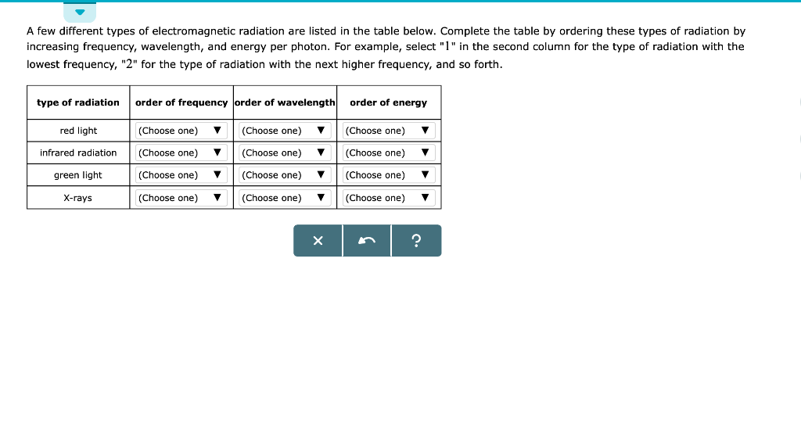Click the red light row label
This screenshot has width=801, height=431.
78,131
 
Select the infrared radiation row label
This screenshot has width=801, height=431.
78,153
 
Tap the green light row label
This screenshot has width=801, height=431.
78,175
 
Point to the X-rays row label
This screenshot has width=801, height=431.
78,198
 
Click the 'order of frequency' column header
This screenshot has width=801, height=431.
181,102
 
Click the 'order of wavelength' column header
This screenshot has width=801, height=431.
285,102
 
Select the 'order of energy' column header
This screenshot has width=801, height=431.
388,102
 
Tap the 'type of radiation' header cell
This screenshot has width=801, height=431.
78,102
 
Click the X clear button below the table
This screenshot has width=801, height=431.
318,241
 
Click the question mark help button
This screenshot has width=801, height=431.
416,241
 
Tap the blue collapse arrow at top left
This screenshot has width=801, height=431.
80,13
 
